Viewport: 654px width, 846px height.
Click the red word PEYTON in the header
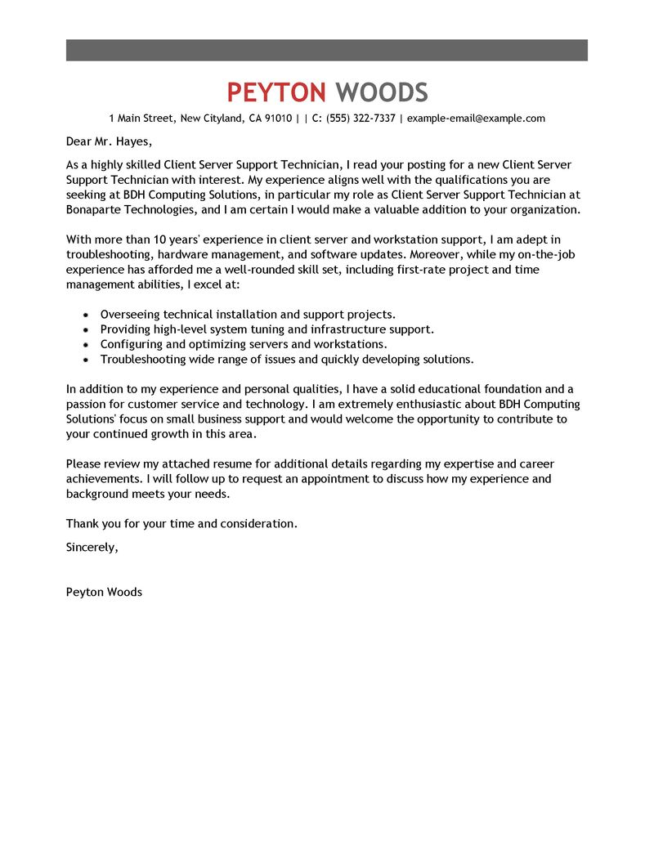pos(276,92)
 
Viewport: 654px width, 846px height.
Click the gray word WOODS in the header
pos(382,92)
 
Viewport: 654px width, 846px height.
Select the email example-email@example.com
pos(476,119)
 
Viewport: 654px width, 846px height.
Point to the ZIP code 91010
pos(277,119)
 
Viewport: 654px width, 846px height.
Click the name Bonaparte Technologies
pos(131,209)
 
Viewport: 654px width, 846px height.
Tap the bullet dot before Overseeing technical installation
pos(86,315)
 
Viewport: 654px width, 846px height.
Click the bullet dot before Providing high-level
pos(86,329)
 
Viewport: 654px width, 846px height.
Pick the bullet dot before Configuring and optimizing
pos(86,345)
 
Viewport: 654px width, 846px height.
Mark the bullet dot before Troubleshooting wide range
pos(86,360)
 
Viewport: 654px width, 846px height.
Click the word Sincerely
pos(92,548)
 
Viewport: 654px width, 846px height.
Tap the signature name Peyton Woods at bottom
pos(104,592)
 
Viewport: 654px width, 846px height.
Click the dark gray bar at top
pos(327,50)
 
